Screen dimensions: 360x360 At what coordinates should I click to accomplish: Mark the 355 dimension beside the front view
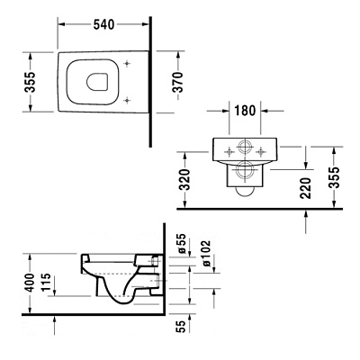(337, 175)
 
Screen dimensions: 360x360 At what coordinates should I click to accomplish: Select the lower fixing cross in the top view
(129, 98)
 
